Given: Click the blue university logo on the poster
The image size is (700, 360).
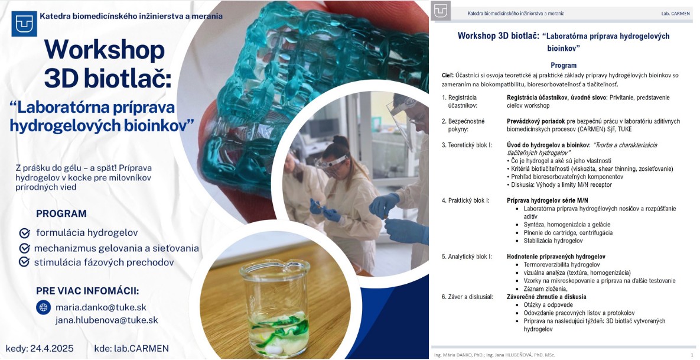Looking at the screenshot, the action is coord(24,24).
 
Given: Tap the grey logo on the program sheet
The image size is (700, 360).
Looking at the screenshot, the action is coord(441,11).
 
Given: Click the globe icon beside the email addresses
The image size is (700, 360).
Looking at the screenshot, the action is coord(43,307).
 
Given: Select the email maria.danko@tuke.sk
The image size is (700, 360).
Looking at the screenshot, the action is coord(101,307).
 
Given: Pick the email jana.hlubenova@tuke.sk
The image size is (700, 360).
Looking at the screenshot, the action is coord(107,320).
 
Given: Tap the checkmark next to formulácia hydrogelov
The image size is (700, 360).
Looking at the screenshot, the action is coord(25,233).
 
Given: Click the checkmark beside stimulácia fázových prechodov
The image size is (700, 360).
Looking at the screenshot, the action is coord(25,262).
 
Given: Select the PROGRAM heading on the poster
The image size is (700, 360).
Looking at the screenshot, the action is coord(61,213).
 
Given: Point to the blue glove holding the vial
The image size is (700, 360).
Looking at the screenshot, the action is coord(383,205).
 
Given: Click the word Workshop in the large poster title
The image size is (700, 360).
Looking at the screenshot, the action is coord(105,50).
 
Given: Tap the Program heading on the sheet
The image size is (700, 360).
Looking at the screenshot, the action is coord(564,65).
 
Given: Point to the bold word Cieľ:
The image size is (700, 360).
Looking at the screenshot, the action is coord(447,76).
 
